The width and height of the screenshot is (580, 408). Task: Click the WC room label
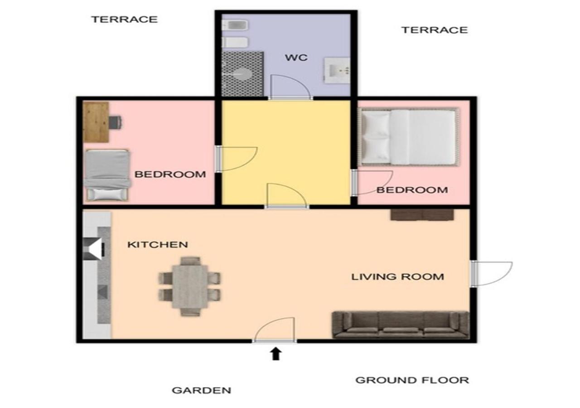[x=296, y=58]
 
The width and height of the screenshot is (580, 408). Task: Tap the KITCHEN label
[x=157, y=244]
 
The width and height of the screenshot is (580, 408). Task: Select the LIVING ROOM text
[x=397, y=277]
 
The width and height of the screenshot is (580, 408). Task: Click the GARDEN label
[x=201, y=390]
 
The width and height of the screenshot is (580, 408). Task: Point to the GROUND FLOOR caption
[x=412, y=380]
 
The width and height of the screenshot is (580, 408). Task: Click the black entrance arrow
[x=276, y=354]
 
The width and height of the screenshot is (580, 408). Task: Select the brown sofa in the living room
[x=400, y=325]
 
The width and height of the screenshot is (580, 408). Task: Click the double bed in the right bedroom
[x=409, y=137]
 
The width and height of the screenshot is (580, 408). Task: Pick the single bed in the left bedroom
[x=107, y=175]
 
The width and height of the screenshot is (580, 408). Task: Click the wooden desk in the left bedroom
[x=96, y=122]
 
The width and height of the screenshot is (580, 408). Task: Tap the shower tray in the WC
[x=242, y=74]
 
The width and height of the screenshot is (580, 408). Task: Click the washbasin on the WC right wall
[x=337, y=70]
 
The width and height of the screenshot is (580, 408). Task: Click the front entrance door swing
[x=275, y=330]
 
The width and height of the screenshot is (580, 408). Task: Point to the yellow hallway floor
[x=286, y=145]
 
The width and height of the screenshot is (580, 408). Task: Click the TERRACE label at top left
[x=125, y=19]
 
